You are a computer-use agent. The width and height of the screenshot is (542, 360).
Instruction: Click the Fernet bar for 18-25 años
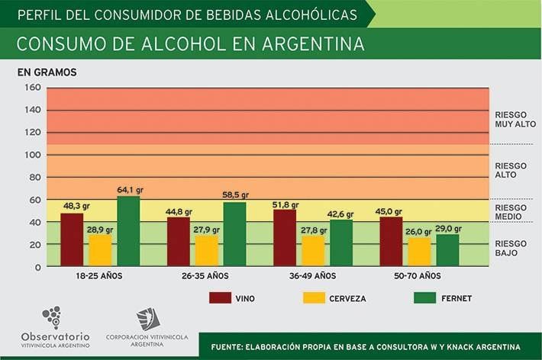[x=128, y=232]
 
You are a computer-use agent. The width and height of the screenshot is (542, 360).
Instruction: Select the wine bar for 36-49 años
[x=284, y=238]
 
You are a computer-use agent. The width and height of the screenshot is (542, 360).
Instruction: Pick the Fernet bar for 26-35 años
[x=234, y=234]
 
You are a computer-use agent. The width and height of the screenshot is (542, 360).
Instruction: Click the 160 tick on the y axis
[x=32, y=88]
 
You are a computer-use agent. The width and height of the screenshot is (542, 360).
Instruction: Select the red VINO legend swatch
[x=220, y=297]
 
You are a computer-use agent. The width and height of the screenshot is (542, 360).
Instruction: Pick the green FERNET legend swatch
[x=424, y=297]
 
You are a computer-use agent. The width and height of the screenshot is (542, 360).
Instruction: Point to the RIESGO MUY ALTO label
[x=515, y=119]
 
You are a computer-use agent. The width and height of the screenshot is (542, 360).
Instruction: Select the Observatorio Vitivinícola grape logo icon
[x=52, y=317]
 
